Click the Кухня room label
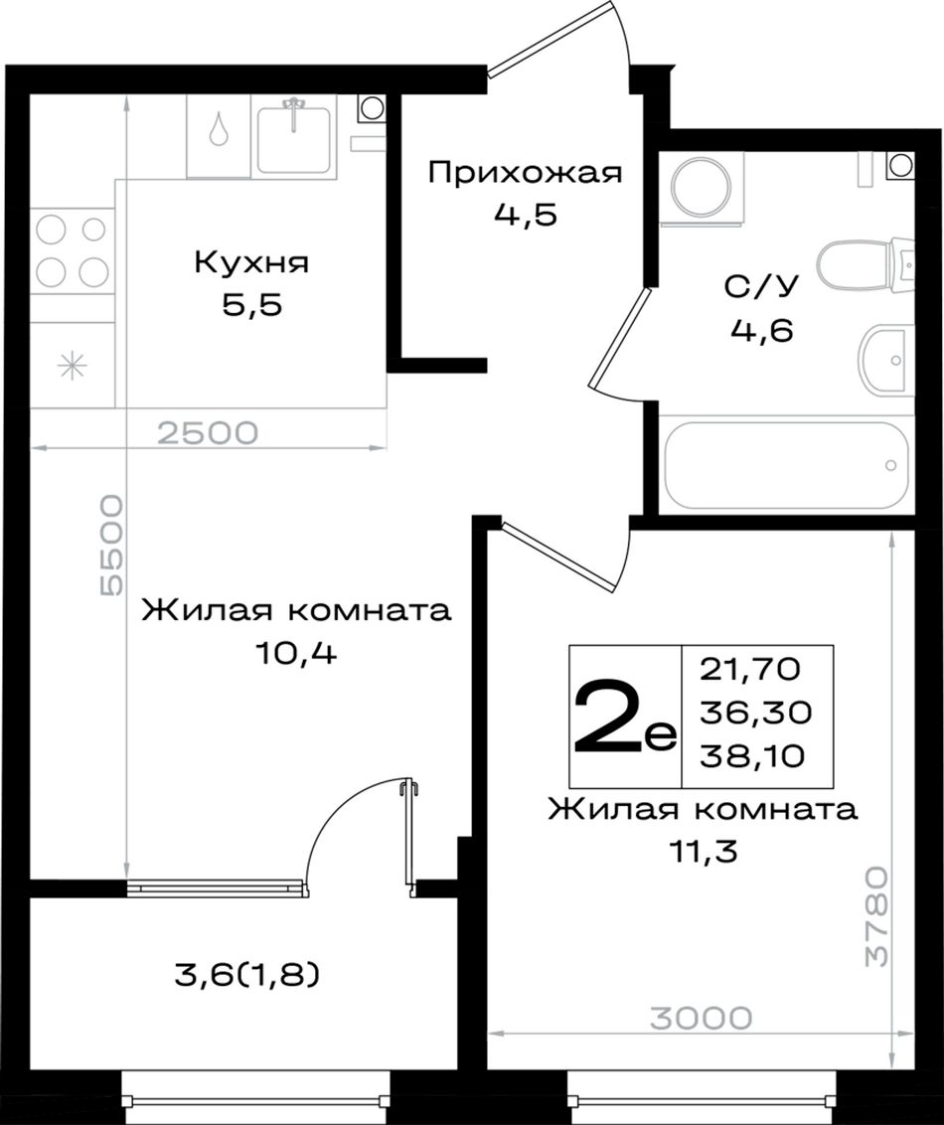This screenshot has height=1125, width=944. tap(251, 262)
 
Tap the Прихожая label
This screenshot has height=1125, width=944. tap(525, 174)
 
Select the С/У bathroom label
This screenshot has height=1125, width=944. tap(761, 287)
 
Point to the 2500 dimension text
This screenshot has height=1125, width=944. tap(208, 432)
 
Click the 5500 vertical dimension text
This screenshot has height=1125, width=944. tap(112, 546)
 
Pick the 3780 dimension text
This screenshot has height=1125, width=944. tap(875, 916)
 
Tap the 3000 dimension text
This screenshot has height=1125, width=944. tap(702, 1018)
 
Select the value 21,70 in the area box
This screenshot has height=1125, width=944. tap(749, 670)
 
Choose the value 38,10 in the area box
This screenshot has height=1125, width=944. tap(752, 755)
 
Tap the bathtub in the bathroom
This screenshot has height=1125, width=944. tap(787, 465)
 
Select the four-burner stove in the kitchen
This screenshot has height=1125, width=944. tap(73, 250)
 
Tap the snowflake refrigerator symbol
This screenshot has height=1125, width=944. tap(72, 366)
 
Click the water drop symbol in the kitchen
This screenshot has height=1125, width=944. tap(218, 128)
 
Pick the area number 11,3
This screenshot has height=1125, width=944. tap(703, 853)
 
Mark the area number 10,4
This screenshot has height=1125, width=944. tap(295, 652)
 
